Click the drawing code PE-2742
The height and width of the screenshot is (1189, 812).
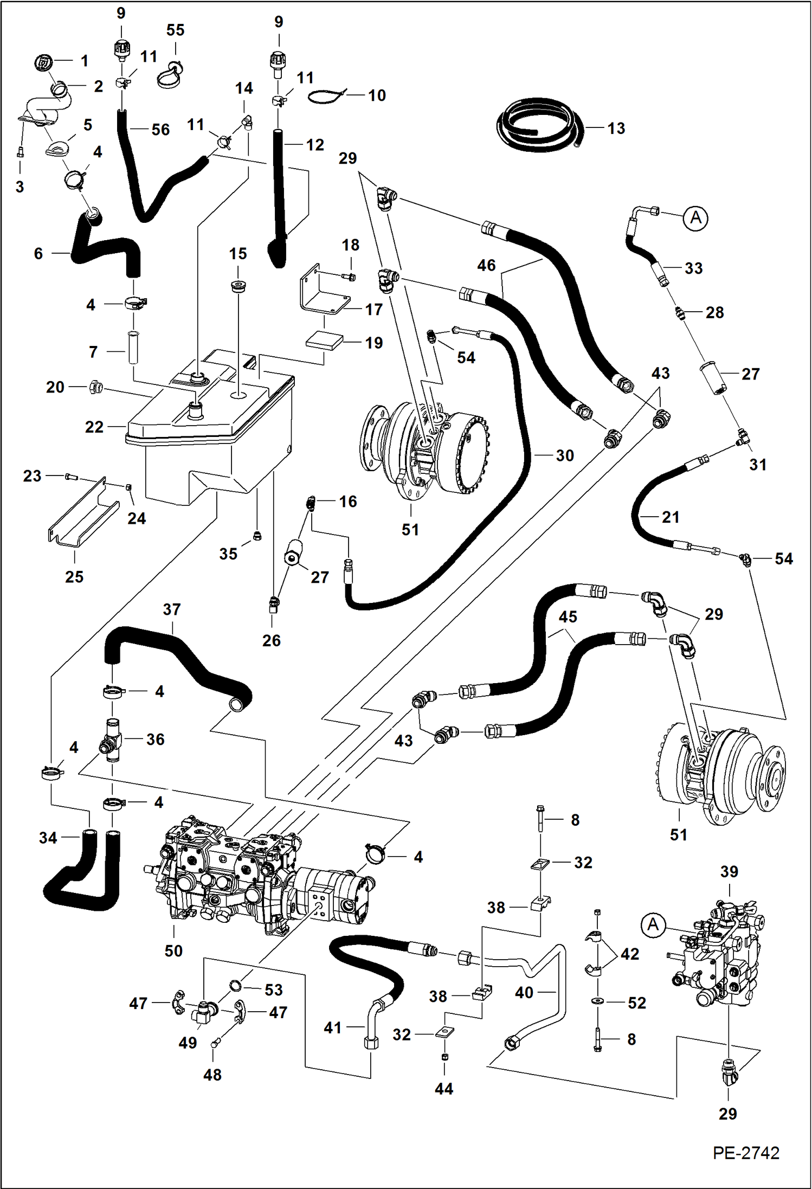click(x=746, y=1153)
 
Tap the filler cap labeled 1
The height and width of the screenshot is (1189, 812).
click(x=43, y=61)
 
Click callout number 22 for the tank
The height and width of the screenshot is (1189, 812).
click(x=94, y=427)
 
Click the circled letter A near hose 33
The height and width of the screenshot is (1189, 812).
click(x=695, y=218)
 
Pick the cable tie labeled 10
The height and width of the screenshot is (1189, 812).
click(x=326, y=97)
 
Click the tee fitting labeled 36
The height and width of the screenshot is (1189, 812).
click(x=112, y=741)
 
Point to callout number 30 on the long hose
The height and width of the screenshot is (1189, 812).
click(x=564, y=455)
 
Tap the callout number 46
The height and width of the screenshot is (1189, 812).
click(x=486, y=265)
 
